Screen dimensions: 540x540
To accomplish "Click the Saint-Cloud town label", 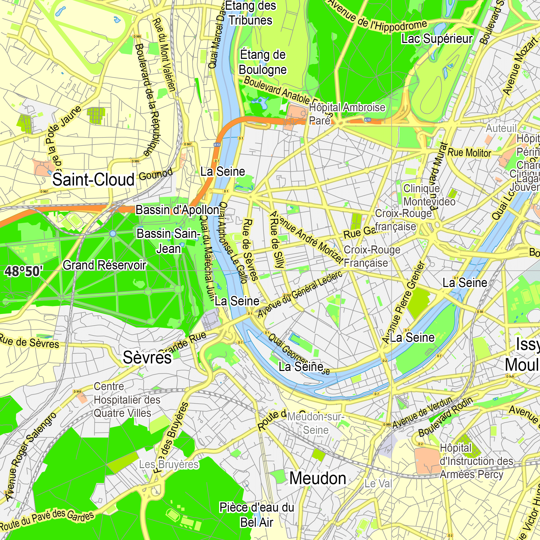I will coord(93,180).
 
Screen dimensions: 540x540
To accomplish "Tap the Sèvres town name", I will coord(147,357).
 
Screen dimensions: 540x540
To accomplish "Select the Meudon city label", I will coord(318,478).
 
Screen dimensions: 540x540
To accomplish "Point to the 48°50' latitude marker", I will coord(24,271).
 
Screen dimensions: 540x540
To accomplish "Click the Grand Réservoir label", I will coord(104,265).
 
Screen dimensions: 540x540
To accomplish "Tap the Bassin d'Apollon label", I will coord(177,210).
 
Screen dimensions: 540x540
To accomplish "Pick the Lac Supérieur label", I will coord(437,39).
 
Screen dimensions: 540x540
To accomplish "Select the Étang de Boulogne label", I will coord(263,62).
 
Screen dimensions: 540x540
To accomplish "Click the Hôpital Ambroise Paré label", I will coord(347,114).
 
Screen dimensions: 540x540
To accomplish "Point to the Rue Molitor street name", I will coord(469,153).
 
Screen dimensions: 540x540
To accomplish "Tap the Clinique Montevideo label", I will coord(429,195).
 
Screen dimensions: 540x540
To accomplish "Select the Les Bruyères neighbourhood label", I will coord(169,464).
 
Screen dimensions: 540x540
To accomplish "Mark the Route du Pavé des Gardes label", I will coord(47,519).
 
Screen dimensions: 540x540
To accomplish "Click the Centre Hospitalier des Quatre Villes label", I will coord(126,400).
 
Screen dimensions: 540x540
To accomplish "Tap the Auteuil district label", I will coord(501,128).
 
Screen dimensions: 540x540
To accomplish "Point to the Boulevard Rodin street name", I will coord(446,416).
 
